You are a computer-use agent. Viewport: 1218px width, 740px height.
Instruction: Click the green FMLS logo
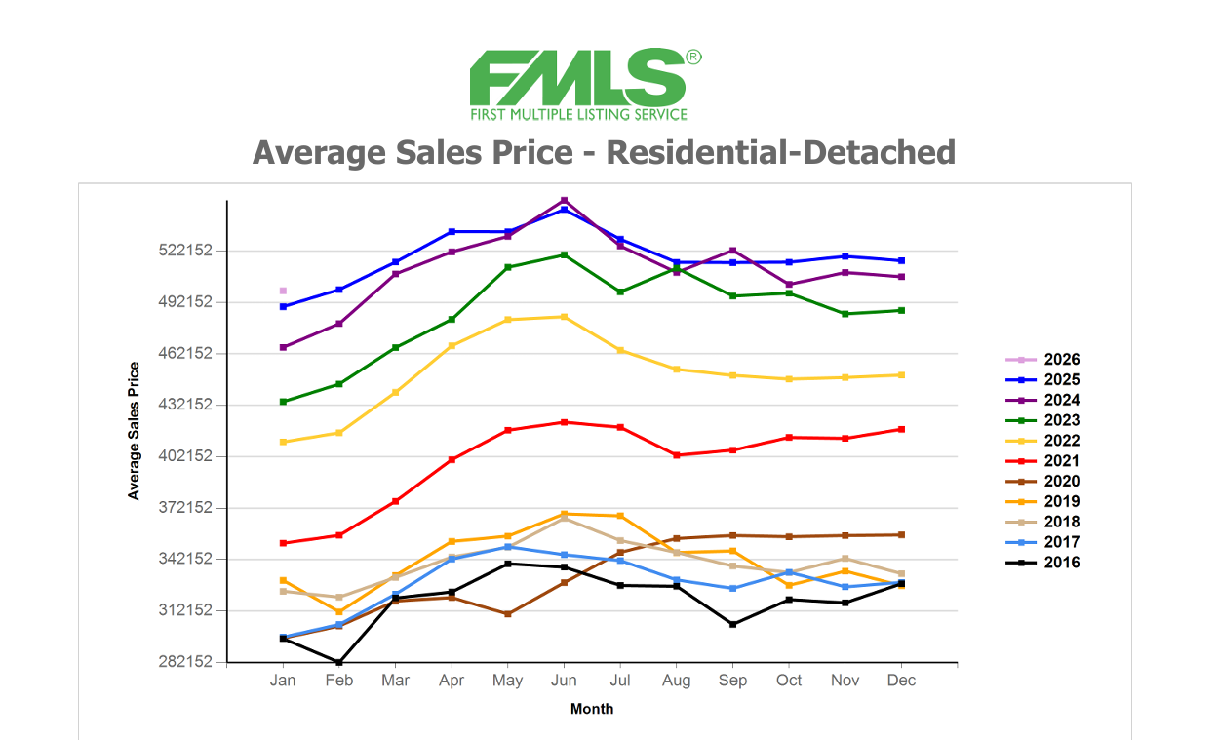tap(584, 85)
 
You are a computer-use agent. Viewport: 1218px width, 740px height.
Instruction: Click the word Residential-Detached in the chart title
tap(780, 152)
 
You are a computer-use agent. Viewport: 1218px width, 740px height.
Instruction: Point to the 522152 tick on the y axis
tap(185, 251)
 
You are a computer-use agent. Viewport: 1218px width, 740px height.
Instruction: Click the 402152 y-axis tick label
tap(185, 456)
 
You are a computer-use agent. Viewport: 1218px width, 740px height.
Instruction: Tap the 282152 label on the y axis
tap(185, 662)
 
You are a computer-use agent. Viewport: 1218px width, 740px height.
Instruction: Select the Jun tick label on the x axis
tap(564, 681)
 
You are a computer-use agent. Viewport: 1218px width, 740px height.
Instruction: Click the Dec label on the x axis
tap(902, 681)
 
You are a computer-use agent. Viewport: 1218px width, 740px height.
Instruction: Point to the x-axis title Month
tap(592, 709)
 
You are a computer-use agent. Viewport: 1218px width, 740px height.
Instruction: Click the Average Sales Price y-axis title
tap(134, 430)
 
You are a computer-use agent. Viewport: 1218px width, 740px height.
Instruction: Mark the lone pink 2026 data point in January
tap(283, 291)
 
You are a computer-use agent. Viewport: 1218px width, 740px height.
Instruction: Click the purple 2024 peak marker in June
tap(564, 201)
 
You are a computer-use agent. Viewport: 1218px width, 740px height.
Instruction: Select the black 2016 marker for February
tap(339, 662)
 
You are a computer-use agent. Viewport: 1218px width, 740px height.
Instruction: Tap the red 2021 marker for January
tap(283, 543)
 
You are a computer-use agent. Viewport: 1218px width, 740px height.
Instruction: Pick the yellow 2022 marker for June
tap(564, 317)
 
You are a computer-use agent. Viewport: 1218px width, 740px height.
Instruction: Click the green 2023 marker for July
tap(620, 292)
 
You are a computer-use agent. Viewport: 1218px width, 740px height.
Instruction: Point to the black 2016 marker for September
tap(733, 624)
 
